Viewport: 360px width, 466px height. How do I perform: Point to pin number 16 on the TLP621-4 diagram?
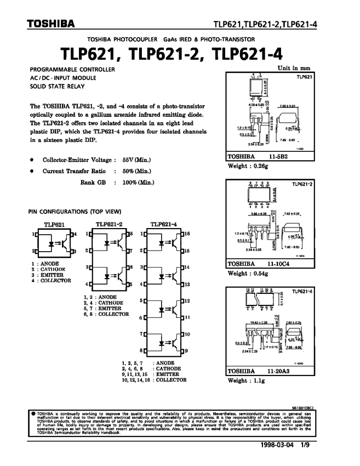pos(186,234)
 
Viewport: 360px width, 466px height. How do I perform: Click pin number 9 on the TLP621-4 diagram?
pos(186,350)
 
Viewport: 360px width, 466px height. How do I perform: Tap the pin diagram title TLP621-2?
pos(108,224)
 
